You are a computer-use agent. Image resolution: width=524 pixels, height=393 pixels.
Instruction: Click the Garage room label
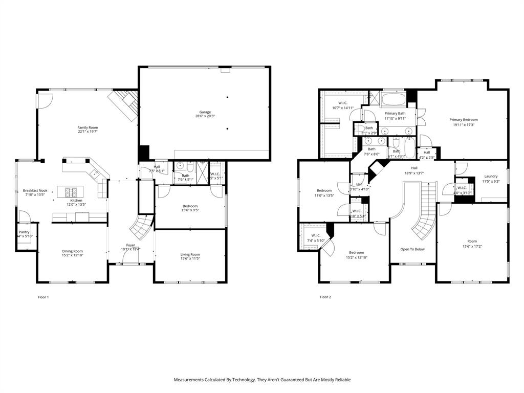(205, 112)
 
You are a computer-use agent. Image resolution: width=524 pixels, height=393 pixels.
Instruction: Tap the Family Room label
(88, 127)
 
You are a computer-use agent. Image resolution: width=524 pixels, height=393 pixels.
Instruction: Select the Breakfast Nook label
(35, 190)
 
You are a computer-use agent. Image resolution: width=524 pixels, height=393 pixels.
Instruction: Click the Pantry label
(24, 232)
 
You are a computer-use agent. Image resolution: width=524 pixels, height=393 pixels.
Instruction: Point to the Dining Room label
(72, 251)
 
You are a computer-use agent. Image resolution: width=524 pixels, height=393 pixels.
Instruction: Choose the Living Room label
(190, 254)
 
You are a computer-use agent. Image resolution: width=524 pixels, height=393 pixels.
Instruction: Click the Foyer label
(130, 245)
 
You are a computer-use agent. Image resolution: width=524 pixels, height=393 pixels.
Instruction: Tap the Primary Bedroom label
(464, 120)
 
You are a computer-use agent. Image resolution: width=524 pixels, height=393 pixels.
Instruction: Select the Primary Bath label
(395, 114)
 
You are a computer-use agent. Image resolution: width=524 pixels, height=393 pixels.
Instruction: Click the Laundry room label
(491, 177)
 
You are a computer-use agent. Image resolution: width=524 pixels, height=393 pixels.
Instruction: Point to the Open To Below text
(412, 249)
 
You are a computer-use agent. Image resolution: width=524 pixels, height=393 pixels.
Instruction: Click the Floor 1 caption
(43, 297)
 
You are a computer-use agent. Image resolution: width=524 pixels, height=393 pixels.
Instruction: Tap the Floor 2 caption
(325, 297)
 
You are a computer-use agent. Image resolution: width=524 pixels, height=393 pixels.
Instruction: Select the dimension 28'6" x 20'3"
(205, 117)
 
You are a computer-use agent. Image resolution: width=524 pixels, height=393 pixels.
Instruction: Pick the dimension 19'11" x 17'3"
(464, 125)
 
